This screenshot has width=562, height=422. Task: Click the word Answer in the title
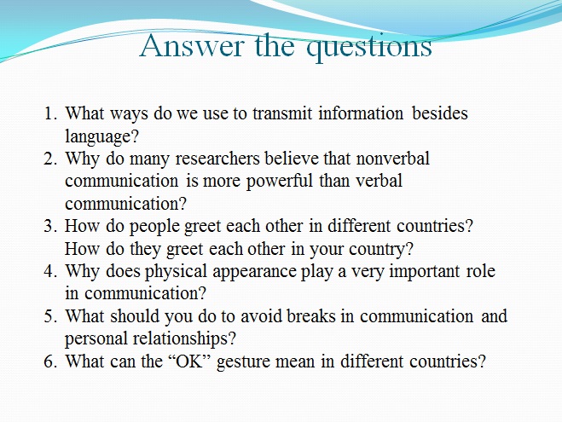pos(192,46)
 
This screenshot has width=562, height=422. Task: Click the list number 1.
pos(50,113)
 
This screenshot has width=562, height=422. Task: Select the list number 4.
pos(50,271)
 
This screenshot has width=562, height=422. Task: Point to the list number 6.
pos(50,361)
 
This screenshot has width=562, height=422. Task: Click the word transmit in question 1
pos(283,113)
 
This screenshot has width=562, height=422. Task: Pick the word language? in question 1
pos(101,137)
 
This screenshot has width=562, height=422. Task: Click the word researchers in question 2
pos(217,159)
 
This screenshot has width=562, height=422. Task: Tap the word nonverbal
pos(393,159)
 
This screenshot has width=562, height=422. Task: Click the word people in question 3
pos(154,227)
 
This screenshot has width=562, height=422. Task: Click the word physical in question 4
pos(176,272)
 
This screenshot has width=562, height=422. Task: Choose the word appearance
pos(254,272)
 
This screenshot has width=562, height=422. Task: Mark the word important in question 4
pos(425,272)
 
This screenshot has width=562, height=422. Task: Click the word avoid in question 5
pos(263,316)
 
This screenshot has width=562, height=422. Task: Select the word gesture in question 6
pos(243,361)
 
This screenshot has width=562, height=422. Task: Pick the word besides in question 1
pos(440,113)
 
